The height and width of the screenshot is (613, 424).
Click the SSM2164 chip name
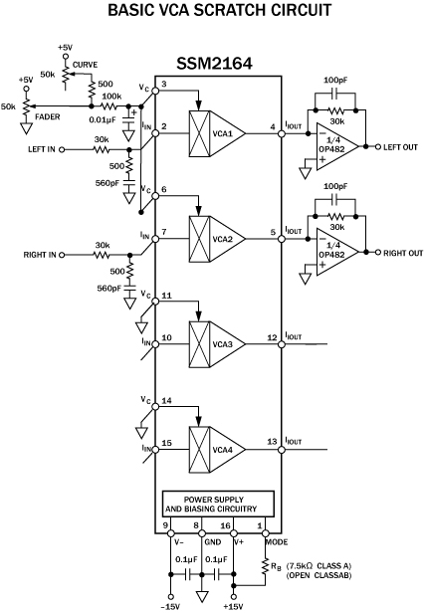click(x=214, y=63)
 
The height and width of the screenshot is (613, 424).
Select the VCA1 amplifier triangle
click(x=227, y=133)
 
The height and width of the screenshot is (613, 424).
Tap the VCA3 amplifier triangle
click(x=227, y=344)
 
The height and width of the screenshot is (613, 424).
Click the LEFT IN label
click(x=42, y=149)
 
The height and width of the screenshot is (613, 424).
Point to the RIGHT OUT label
click(x=403, y=253)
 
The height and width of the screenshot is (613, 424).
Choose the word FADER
click(x=48, y=116)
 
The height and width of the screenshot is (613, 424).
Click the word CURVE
click(x=85, y=65)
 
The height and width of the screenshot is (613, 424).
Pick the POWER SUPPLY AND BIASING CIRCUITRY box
click(x=218, y=505)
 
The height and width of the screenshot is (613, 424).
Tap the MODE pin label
click(x=276, y=541)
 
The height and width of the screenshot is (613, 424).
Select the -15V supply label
click(x=170, y=606)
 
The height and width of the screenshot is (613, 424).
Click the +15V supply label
click(x=233, y=606)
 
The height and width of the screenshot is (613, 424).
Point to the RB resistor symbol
click(x=265, y=565)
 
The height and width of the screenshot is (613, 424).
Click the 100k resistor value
click(x=111, y=97)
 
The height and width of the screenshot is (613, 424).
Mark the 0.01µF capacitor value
click(x=103, y=119)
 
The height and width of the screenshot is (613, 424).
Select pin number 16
click(x=225, y=525)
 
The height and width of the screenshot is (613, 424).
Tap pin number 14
click(x=166, y=401)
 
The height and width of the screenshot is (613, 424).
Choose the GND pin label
click(x=213, y=541)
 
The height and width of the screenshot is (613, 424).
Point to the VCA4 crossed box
click(x=199, y=450)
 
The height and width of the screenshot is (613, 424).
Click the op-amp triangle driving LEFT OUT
click(x=336, y=147)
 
